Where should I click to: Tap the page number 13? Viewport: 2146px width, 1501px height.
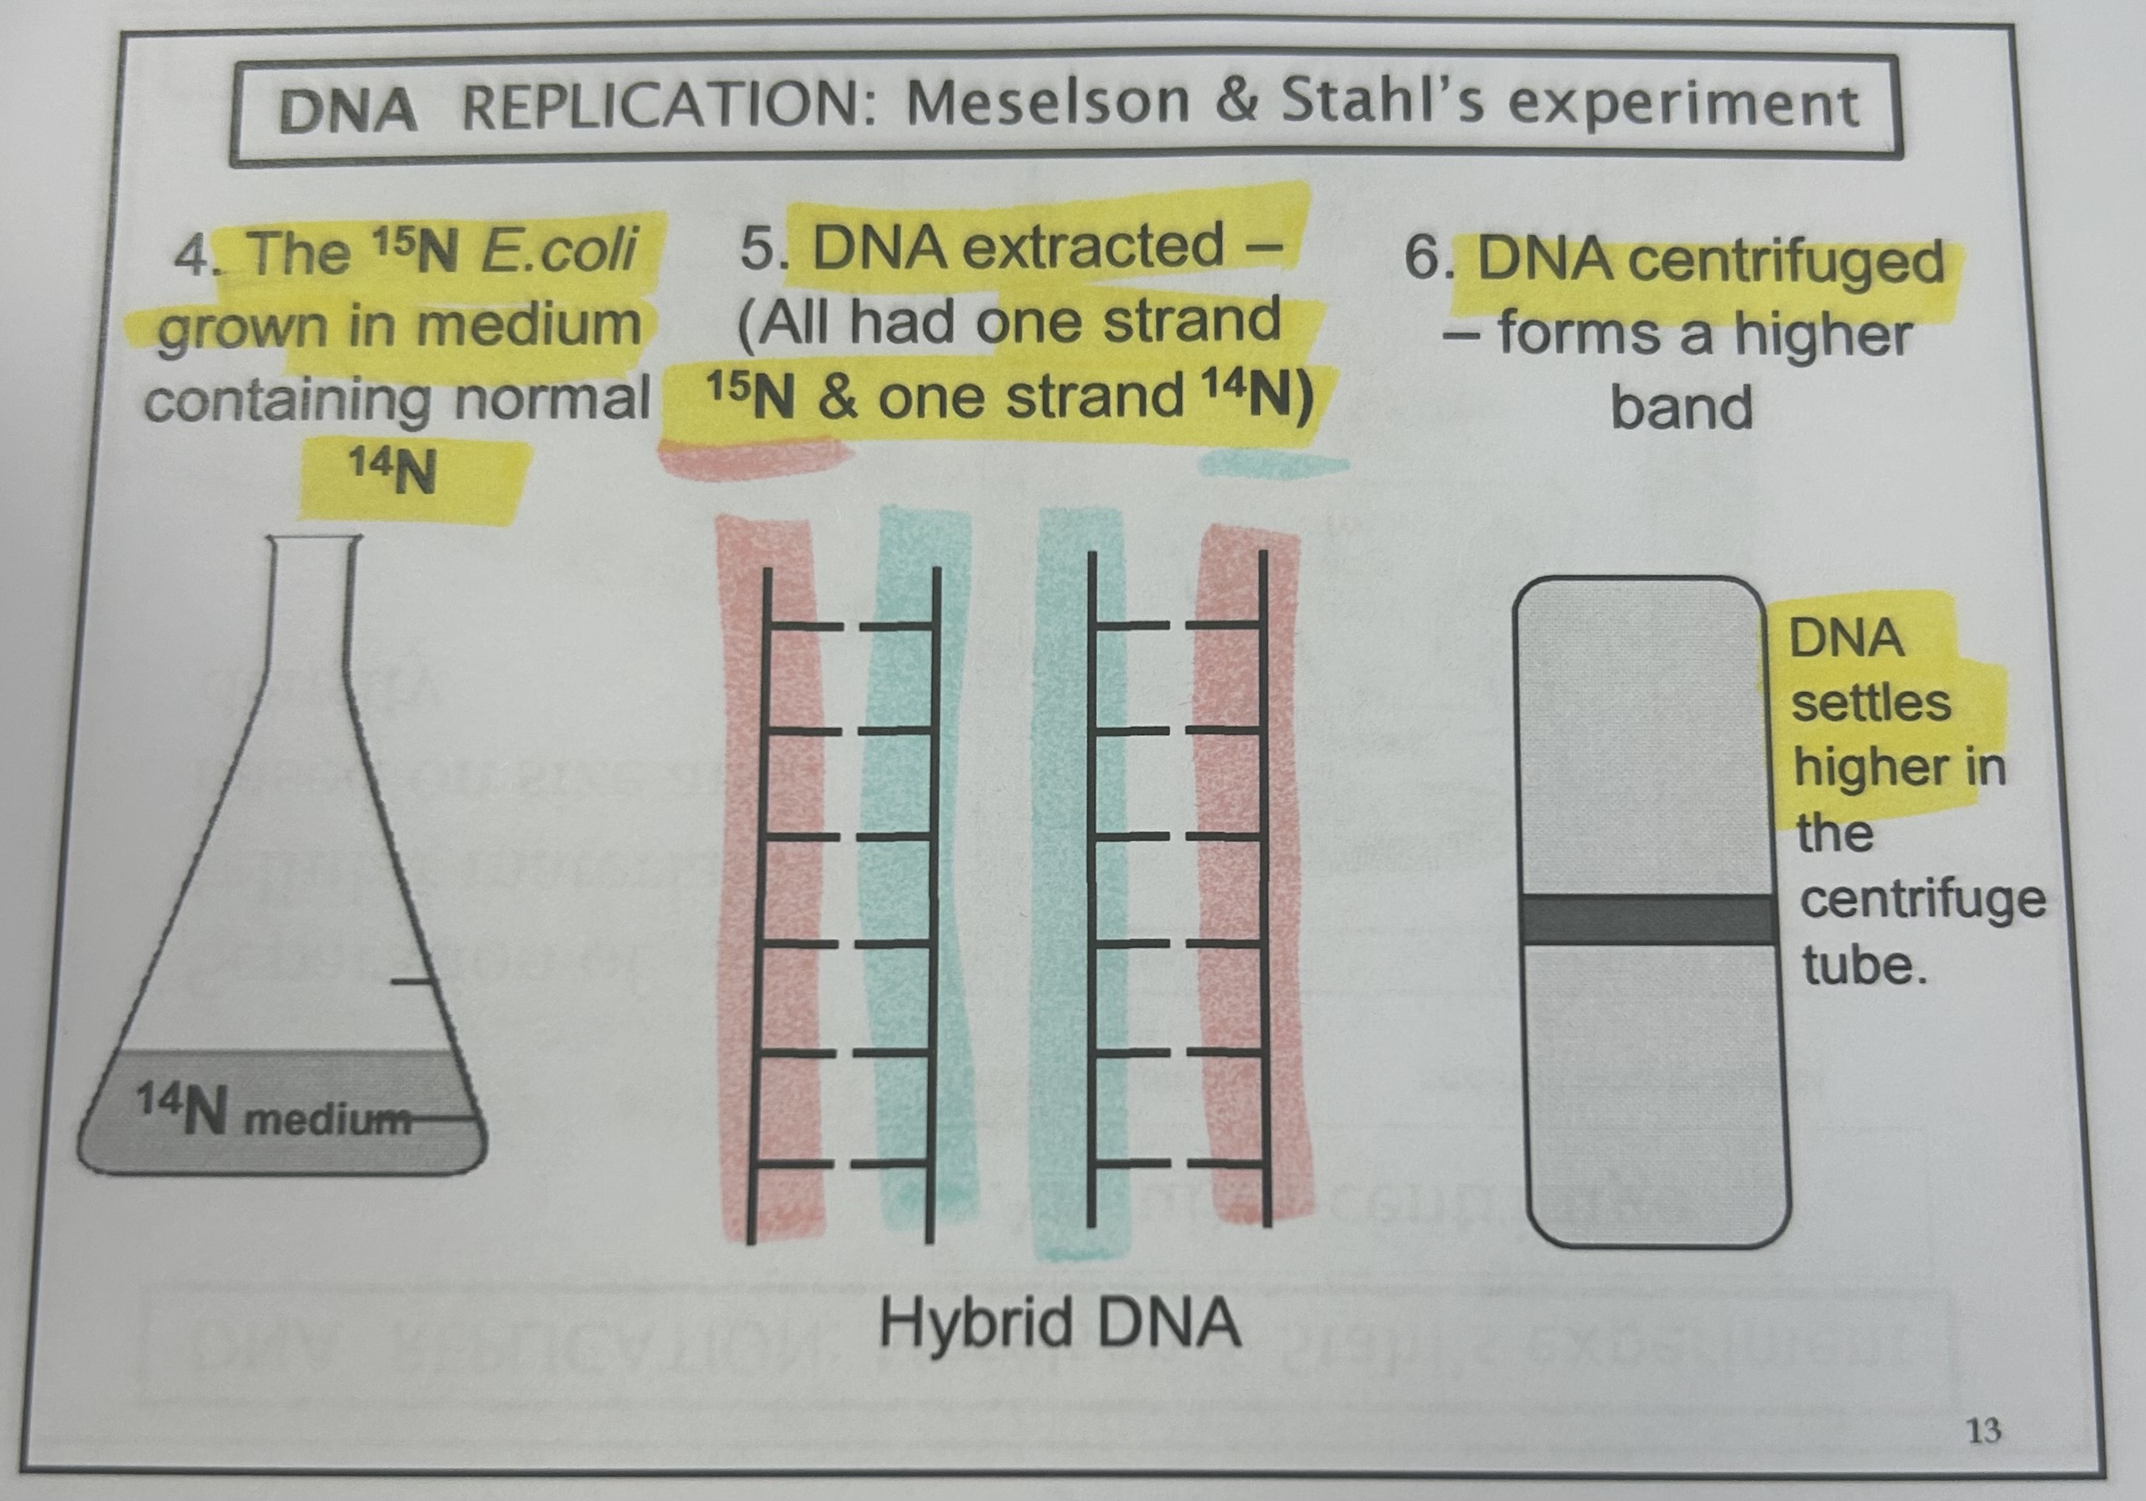pyautogui.click(x=1983, y=1431)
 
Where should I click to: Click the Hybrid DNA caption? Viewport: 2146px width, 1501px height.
pyautogui.click(x=1060, y=1323)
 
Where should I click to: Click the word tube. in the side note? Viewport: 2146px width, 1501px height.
pyautogui.click(x=1863, y=965)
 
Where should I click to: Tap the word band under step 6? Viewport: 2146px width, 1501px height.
pyautogui.click(x=1681, y=407)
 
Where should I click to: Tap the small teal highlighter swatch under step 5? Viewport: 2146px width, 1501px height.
pyautogui.click(x=1271, y=464)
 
